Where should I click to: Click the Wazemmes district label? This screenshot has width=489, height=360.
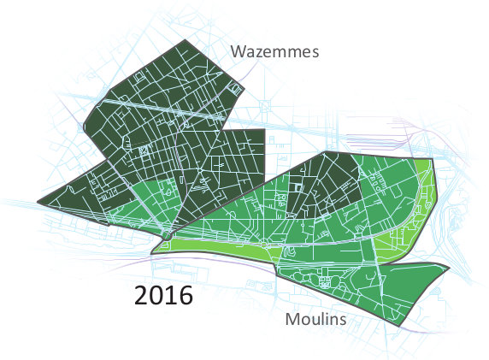pyautogui.click(x=274, y=52)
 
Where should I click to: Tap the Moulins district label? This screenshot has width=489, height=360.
pyautogui.click(x=315, y=320)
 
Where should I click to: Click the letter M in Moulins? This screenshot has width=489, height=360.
pyautogui.click(x=291, y=320)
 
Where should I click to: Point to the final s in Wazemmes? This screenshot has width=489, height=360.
pyautogui.click(x=315, y=53)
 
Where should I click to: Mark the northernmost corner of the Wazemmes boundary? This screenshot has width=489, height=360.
pyautogui.click(x=185, y=40)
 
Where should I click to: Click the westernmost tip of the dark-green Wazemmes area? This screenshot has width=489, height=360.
pyautogui.click(x=38, y=204)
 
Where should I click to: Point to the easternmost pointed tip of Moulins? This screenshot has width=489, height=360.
pyautogui.click(x=449, y=267)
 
